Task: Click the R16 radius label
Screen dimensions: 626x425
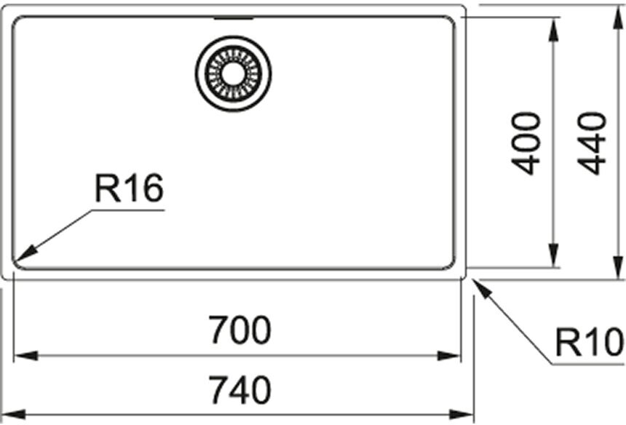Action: pyautogui.click(x=129, y=188)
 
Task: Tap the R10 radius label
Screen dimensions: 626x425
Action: pyautogui.click(x=590, y=342)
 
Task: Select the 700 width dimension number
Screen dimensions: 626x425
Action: pyautogui.click(x=240, y=330)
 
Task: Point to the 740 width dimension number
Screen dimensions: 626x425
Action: pyautogui.click(x=240, y=390)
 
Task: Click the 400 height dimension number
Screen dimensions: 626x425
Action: pyautogui.click(x=526, y=143)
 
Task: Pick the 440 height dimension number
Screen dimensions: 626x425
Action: pyautogui.click(x=592, y=143)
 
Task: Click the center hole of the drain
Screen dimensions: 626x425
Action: pyautogui.click(x=233, y=74)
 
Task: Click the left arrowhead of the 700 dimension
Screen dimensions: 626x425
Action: pyautogui.click(x=25, y=356)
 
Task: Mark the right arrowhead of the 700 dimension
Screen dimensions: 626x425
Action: pyautogui.click(x=449, y=356)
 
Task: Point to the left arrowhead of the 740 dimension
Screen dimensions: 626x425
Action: pyautogui.click(x=14, y=415)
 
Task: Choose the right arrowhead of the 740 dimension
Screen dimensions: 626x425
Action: pyautogui.click(x=461, y=415)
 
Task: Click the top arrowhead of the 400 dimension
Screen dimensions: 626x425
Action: pyautogui.click(x=553, y=30)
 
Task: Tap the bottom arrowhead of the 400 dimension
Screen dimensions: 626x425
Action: pyautogui.click(x=553, y=255)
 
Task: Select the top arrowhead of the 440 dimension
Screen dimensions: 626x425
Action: pyautogui.click(x=619, y=17)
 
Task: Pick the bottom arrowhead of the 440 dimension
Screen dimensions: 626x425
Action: pyautogui.click(x=619, y=266)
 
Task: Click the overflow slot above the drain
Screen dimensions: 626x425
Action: pyautogui.click(x=234, y=18)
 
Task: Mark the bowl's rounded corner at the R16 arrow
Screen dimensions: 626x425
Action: pyautogui.click(x=17, y=263)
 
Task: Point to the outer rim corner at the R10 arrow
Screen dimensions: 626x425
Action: pyautogui.click(x=464, y=277)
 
